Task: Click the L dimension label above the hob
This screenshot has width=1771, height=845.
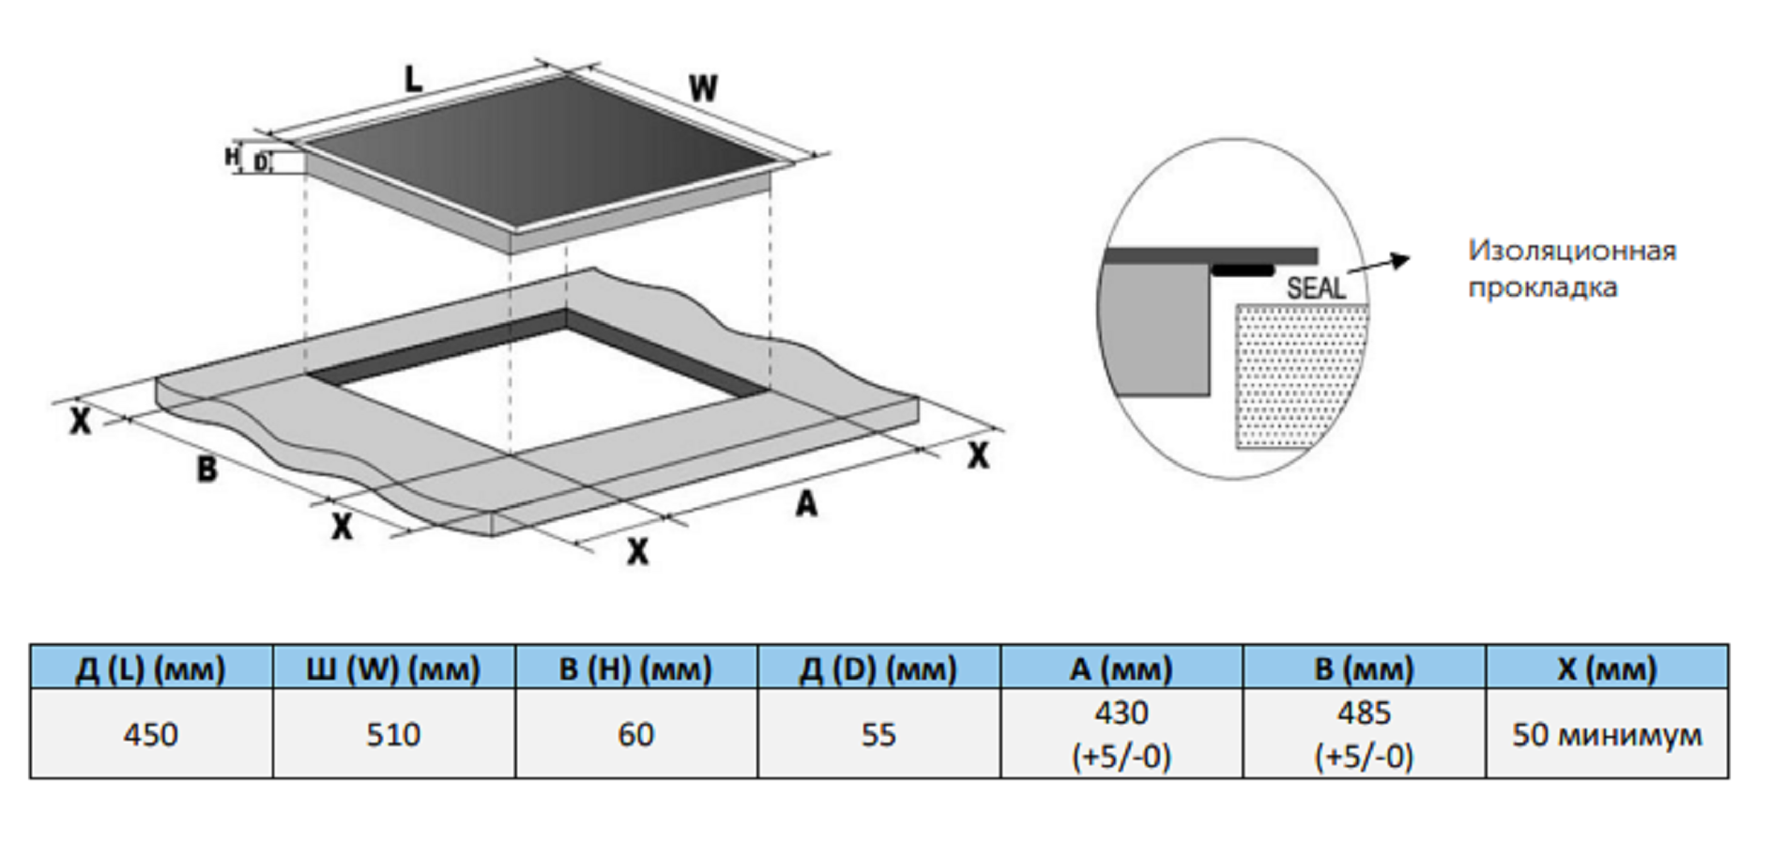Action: tap(414, 79)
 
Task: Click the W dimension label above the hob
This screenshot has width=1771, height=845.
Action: tap(703, 89)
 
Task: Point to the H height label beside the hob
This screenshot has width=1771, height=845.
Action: tap(232, 156)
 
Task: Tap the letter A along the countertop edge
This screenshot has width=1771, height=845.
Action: tap(806, 504)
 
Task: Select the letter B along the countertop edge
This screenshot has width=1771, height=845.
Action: tap(206, 469)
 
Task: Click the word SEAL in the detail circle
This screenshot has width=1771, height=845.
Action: tap(1316, 288)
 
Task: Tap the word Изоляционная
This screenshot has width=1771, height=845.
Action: tap(1572, 251)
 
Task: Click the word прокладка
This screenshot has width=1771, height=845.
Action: tap(1543, 287)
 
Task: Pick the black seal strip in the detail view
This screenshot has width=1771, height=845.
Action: tap(1242, 270)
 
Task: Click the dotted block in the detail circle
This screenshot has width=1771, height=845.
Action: tap(1299, 376)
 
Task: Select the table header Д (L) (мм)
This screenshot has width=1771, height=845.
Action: tap(151, 668)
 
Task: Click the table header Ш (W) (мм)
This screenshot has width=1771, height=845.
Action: tap(393, 668)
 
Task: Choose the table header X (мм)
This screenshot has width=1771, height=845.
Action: tap(1607, 668)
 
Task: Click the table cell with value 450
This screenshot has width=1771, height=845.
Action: tap(151, 733)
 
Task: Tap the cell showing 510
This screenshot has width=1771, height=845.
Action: tap(393, 733)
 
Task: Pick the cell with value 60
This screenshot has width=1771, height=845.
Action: tap(636, 733)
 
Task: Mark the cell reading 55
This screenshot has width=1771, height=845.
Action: tap(878, 733)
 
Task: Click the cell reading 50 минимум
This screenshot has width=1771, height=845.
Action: tap(1607, 733)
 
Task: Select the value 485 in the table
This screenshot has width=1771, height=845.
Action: tap(1364, 713)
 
